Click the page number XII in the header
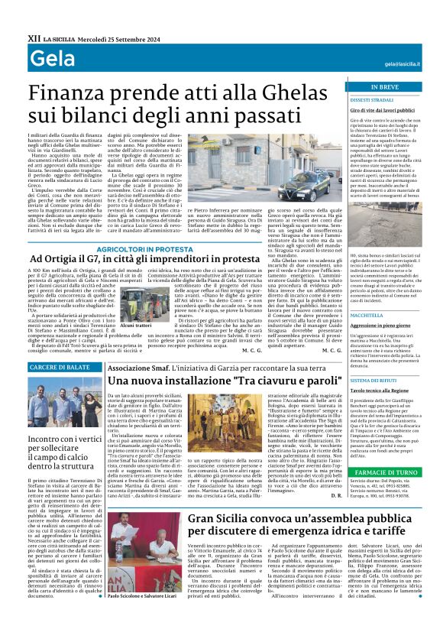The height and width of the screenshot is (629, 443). (34, 36)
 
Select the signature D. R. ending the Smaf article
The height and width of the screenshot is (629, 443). (337, 475)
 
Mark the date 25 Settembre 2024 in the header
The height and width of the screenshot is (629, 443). (127, 36)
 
